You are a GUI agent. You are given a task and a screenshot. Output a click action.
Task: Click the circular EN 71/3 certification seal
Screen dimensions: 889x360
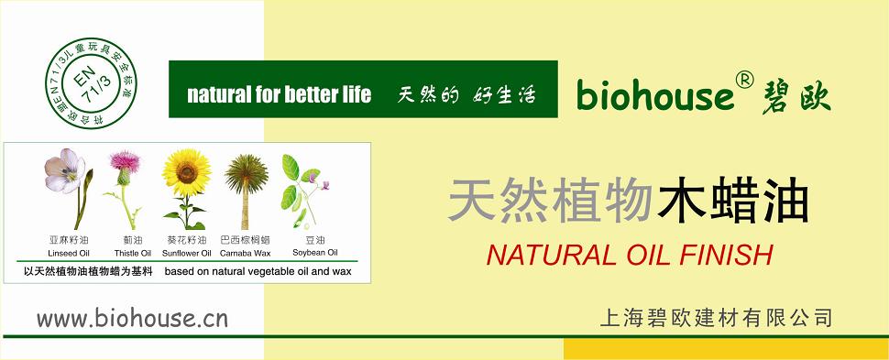[x=91, y=83]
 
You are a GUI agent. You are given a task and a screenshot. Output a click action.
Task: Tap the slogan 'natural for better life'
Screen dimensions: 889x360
[x=279, y=94]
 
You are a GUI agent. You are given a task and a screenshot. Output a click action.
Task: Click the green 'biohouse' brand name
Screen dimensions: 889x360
[x=655, y=95]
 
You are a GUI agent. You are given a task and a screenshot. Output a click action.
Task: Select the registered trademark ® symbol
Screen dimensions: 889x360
[x=745, y=82]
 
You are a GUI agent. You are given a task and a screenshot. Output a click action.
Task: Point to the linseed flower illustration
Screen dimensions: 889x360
[x=68, y=187]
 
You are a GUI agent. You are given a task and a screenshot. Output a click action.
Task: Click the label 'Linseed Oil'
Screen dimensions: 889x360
[x=69, y=253]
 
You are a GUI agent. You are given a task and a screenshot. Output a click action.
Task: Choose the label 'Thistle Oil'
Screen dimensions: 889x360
[x=133, y=253]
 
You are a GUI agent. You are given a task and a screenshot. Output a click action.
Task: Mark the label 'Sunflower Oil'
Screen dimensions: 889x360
[x=187, y=253]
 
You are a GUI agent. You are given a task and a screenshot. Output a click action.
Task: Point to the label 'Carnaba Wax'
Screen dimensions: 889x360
[x=245, y=253]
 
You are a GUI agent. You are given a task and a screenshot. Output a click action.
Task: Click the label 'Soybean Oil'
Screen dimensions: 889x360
[x=314, y=252]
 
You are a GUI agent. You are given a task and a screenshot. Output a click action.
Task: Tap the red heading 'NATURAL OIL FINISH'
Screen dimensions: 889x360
[x=630, y=256]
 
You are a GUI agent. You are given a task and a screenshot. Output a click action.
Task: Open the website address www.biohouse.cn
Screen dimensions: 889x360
[x=132, y=318]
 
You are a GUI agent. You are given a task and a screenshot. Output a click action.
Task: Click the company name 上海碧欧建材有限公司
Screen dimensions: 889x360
[x=716, y=318]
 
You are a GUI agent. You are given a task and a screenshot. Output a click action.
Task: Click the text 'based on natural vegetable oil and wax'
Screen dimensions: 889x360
[x=258, y=271]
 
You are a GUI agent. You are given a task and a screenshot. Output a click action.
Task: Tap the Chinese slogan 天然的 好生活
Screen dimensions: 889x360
[x=466, y=94]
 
